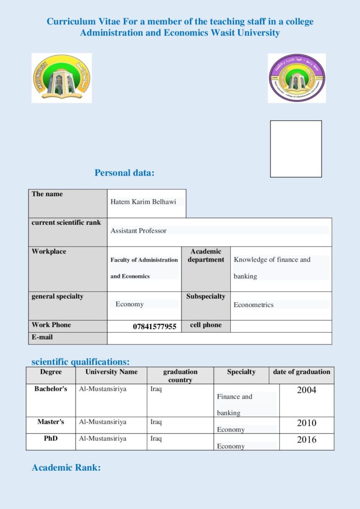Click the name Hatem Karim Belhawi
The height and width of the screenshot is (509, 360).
143,202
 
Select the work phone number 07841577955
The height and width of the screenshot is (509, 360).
154,327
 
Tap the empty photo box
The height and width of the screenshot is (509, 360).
296,149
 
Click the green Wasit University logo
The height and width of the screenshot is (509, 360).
62,78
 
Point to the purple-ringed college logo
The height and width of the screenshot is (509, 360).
297,78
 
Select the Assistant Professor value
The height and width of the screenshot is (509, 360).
138,231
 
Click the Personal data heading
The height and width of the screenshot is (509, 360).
124,173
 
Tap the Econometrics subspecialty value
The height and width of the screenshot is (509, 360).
254,305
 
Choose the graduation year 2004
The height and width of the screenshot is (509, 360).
306,390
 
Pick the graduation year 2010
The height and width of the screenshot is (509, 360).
306,423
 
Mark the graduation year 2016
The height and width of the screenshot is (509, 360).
306,439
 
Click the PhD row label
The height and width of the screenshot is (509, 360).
51,439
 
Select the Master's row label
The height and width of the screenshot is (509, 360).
51,422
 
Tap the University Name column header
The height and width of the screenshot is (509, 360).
111,372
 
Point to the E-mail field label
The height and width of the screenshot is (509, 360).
42,337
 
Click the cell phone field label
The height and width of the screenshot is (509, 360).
206,325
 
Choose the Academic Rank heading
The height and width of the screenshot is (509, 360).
66,467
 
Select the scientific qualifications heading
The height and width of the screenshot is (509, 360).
81,361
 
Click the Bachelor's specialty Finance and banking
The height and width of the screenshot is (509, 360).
234,405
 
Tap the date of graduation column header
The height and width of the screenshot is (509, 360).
301,372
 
